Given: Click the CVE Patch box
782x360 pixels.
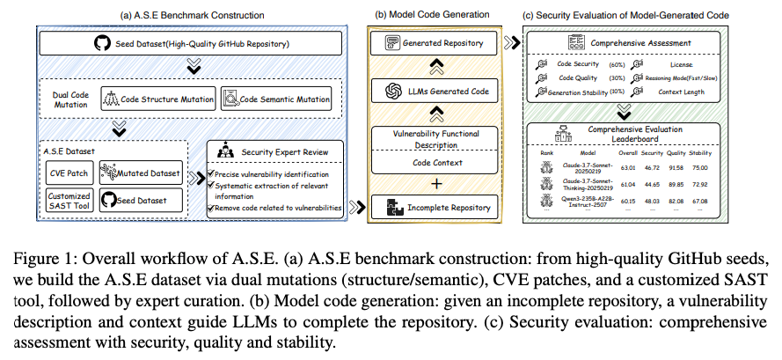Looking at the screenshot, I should pyautogui.click(x=65, y=172).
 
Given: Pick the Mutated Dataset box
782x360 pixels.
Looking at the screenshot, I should pyautogui.click(x=142, y=172).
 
